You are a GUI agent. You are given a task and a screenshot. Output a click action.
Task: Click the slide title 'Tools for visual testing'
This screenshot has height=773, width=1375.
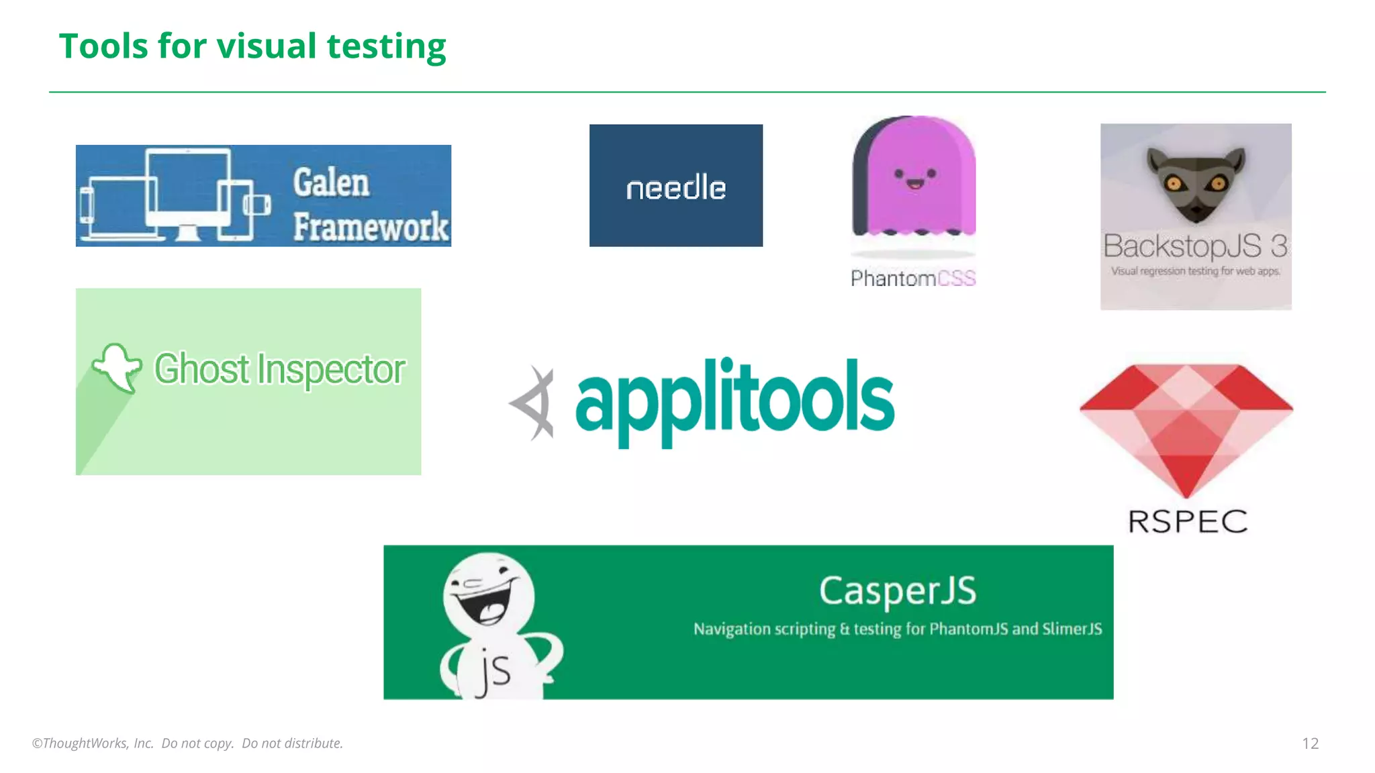[252, 46]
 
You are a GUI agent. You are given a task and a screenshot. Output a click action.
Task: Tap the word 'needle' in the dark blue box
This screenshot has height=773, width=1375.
[675, 188]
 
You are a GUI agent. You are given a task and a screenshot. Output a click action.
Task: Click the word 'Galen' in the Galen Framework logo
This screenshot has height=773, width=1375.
[331, 183]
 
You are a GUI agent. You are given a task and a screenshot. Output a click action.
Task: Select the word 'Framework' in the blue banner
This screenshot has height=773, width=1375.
[371, 226]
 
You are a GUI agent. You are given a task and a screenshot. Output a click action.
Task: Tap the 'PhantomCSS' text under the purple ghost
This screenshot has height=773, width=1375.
[912, 278]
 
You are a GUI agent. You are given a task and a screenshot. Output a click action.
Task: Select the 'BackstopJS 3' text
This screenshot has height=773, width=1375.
[1195, 246]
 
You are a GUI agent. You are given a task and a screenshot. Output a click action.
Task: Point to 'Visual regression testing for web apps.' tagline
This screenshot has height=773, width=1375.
[1195, 271]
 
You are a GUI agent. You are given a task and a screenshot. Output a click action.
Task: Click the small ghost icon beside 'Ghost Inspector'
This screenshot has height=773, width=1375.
[117, 366]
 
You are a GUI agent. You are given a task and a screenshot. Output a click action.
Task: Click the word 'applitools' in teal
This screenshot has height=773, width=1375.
[734, 401]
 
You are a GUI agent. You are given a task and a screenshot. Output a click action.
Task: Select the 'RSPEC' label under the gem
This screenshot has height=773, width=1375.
[1187, 521]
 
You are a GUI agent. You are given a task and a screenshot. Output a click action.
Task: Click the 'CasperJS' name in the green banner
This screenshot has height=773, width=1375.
[898, 591]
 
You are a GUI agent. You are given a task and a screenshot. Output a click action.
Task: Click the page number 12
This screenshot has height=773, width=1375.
[1310, 743]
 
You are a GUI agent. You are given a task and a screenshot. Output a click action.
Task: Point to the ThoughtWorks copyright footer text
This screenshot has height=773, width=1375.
[187, 743]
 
